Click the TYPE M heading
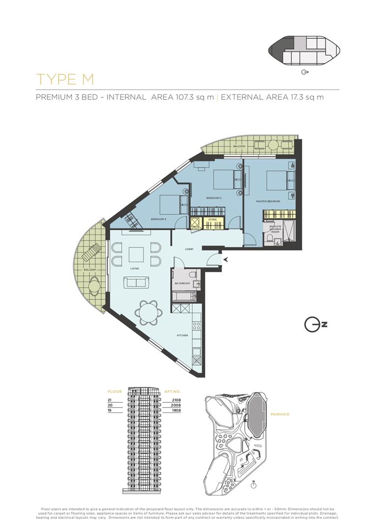65,79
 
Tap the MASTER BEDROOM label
268,202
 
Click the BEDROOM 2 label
214,198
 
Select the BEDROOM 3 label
158,219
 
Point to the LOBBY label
189,249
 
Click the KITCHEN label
182,335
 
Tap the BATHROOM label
182,284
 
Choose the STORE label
212,220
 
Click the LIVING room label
135,269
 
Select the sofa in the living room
136,282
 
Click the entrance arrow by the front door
226,259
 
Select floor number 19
109,410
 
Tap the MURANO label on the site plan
280,414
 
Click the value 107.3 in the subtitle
184,97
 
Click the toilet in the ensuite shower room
269,239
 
